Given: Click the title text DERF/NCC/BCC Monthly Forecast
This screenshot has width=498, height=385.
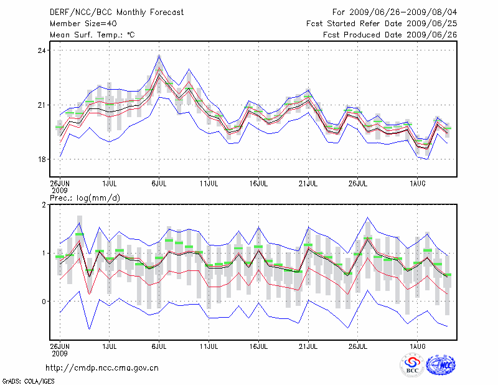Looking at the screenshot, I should (x=113, y=12).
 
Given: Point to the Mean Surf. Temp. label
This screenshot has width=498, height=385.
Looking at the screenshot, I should (x=92, y=35).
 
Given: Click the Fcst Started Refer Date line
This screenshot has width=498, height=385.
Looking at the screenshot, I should (x=382, y=23).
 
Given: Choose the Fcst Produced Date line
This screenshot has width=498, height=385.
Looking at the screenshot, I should (x=390, y=35).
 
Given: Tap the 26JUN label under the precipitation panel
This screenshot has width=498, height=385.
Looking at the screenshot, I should (x=59, y=345).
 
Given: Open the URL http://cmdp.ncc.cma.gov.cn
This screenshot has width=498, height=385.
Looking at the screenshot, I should (x=102, y=368).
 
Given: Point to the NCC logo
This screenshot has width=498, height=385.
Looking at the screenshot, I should (x=441, y=365).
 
